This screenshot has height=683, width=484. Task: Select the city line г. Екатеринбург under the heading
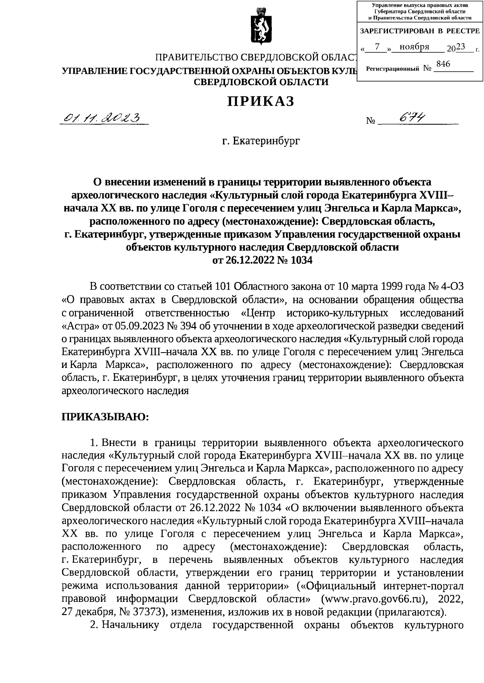(261, 141)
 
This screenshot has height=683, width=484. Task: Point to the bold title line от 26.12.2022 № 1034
(262, 260)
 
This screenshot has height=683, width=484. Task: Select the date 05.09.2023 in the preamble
(147, 325)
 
